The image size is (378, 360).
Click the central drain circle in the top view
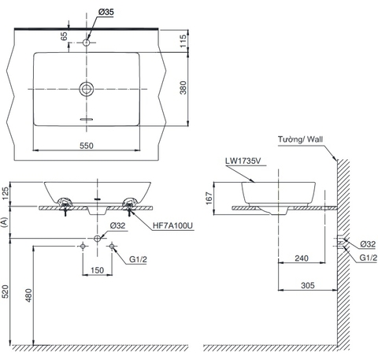point(87,88)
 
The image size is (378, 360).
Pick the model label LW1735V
point(243,164)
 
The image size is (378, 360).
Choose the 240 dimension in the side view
point(300,258)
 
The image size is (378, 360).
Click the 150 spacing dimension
point(97,269)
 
